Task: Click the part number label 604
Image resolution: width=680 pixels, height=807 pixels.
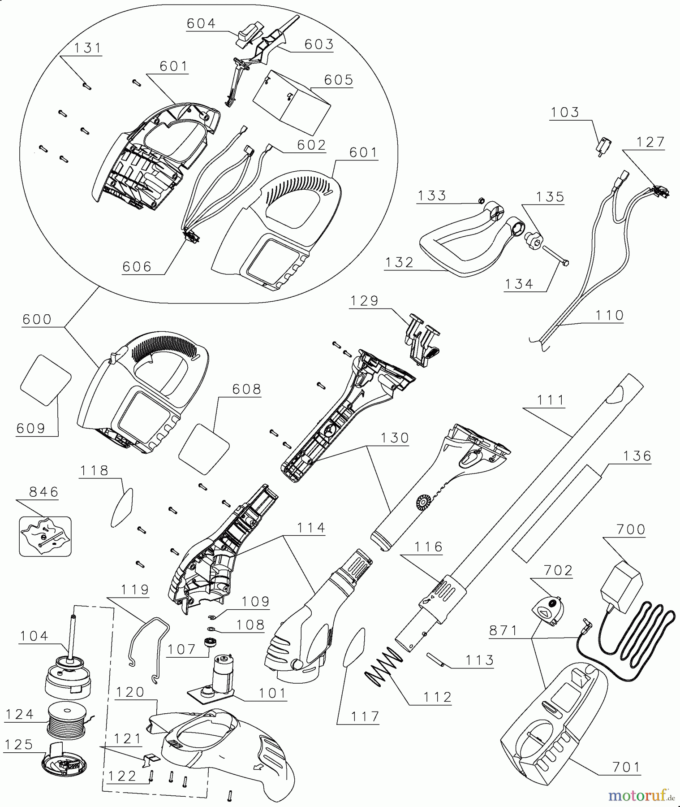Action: [201, 23]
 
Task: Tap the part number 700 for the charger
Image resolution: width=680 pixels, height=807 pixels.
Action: [631, 529]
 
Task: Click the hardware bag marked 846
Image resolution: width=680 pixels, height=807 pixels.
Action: [45, 536]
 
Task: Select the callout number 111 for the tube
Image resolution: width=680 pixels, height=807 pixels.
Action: [551, 400]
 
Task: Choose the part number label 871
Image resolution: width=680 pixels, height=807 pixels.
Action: [504, 630]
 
